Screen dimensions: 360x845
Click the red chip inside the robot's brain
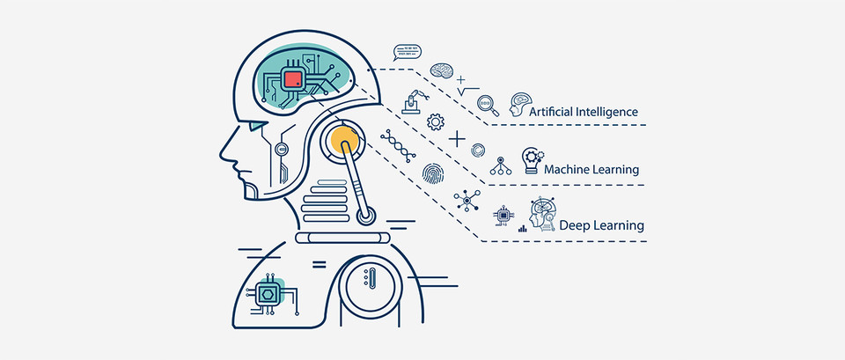pyautogui.click(x=293, y=81)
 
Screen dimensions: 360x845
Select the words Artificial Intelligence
pyautogui.click(x=584, y=112)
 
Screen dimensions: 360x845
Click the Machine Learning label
pyautogui.click(x=591, y=168)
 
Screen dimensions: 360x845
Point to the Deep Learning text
pyautogui.click(x=601, y=226)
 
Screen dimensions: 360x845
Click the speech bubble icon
pyautogui.click(x=407, y=50)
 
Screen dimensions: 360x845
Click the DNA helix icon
pyautogui.click(x=398, y=144)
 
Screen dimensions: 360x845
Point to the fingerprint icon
pyautogui.click(x=432, y=173)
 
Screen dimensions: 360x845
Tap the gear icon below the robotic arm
pyautogui.click(x=434, y=121)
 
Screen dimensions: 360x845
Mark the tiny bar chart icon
pyautogui.click(x=522, y=228)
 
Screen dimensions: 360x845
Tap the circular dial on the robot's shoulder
pyautogui.click(x=367, y=283)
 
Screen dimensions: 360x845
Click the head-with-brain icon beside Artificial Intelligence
pyautogui.click(x=519, y=105)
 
